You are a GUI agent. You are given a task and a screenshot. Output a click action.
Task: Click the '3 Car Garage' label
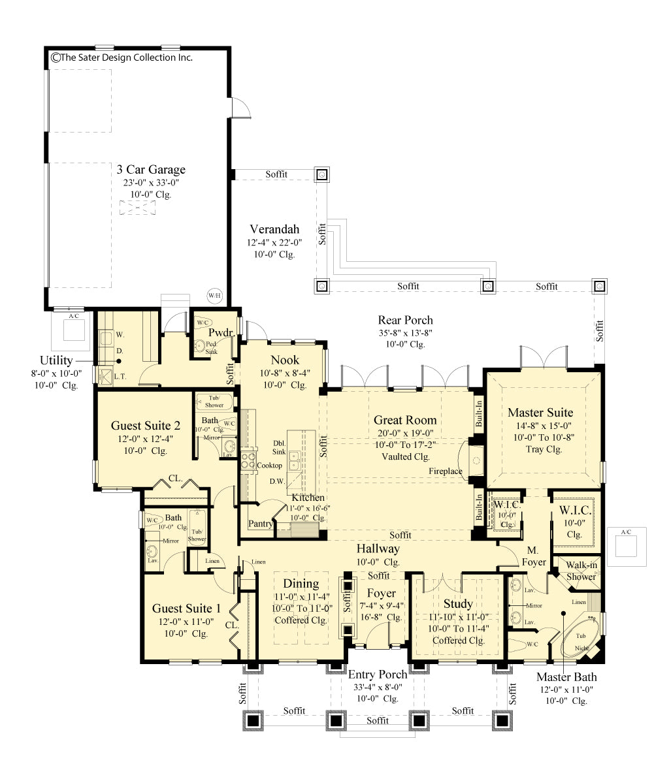(151, 170)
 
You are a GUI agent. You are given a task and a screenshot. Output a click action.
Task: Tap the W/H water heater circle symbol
(214, 295)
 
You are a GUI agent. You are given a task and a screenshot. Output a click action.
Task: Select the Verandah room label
(274, 229)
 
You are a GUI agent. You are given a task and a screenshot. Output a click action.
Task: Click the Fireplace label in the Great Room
(446, 471)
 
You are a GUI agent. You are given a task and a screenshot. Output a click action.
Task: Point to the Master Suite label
(540, 412)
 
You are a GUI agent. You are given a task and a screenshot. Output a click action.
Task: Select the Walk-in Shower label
(581, 571)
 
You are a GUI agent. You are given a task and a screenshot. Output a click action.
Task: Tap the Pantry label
(261, 524)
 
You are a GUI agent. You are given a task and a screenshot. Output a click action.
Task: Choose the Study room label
(457, 604)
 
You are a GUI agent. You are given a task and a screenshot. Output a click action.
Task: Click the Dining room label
(301, 584)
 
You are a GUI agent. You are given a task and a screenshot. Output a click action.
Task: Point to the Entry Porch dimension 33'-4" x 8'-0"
(378, 687)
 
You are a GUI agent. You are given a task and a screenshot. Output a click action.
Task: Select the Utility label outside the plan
(56, 360)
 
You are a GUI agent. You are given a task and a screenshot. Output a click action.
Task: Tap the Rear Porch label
(405, 320)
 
